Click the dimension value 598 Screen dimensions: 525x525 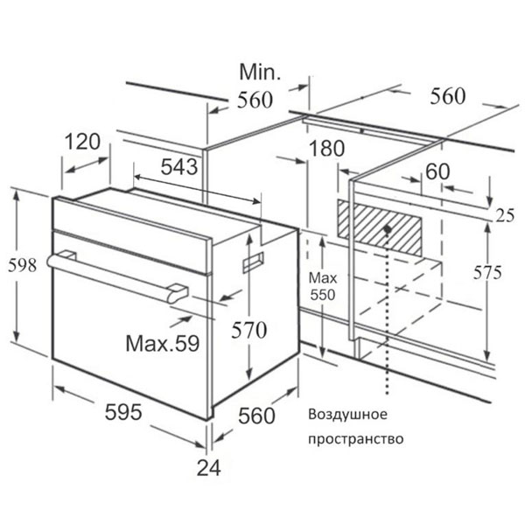coord(23,265)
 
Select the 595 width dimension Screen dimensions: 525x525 coord(123,411)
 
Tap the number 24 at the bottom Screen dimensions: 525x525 coord(208,468)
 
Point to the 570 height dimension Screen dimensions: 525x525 coord(249,330)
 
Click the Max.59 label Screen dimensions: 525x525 coord(163,343)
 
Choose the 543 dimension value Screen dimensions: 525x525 coord(179,167)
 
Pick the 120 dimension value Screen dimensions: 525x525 coord(82,141)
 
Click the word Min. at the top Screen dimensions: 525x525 coord(260,72)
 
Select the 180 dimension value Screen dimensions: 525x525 coord(326,149)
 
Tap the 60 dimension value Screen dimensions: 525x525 coord(437,171)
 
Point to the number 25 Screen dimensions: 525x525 coord(505,216)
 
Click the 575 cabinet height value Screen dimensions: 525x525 coord(487,272)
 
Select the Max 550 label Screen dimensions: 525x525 coord(323,287)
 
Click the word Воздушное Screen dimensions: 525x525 coord(347,414)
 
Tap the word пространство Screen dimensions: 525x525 coord(355,439)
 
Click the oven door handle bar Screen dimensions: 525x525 coord(117,276)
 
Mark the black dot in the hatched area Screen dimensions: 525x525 coord(388,229)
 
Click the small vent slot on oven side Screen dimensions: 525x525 coord(253,262)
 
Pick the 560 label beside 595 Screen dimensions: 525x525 coord(256,416)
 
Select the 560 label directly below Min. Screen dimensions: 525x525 coord(255,100)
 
